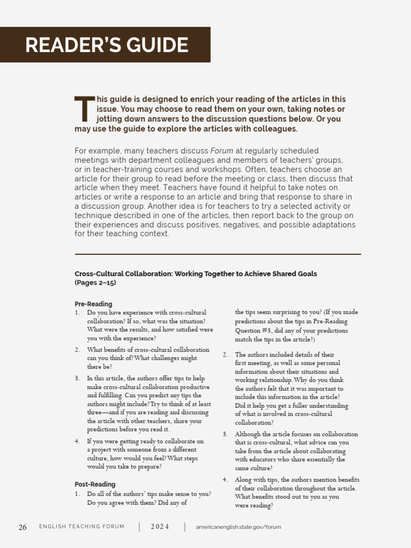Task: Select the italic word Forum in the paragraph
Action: [x=222, y=151]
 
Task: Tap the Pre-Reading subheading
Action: [x=93, y=304]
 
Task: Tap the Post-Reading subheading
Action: [x=95, y=484]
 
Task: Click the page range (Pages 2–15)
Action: [x=95, y=283]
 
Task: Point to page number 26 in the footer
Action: [x=22, y=527]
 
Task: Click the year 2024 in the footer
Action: [x=159, y=527]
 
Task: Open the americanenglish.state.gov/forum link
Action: [x=238, y=527]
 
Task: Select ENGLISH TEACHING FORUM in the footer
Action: [x=81, y=527]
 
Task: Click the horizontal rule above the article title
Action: [x=218, y=254]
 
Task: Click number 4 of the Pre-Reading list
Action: [x=77, y=442]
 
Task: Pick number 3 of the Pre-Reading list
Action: [x=77, y=378]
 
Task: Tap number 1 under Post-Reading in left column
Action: [x=77, y=494]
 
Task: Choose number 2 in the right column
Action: [x=225, y=355]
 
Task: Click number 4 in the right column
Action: [x=225, y=480]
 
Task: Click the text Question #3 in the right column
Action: [x=254, y=331]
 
